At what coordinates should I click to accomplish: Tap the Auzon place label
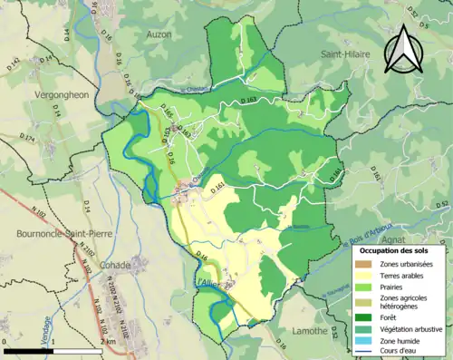159,34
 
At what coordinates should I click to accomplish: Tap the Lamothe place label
308,331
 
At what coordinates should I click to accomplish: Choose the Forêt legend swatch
366,316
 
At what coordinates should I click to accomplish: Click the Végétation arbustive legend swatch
366,328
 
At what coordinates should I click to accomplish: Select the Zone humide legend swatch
366,340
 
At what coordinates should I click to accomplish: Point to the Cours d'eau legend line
366,352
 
